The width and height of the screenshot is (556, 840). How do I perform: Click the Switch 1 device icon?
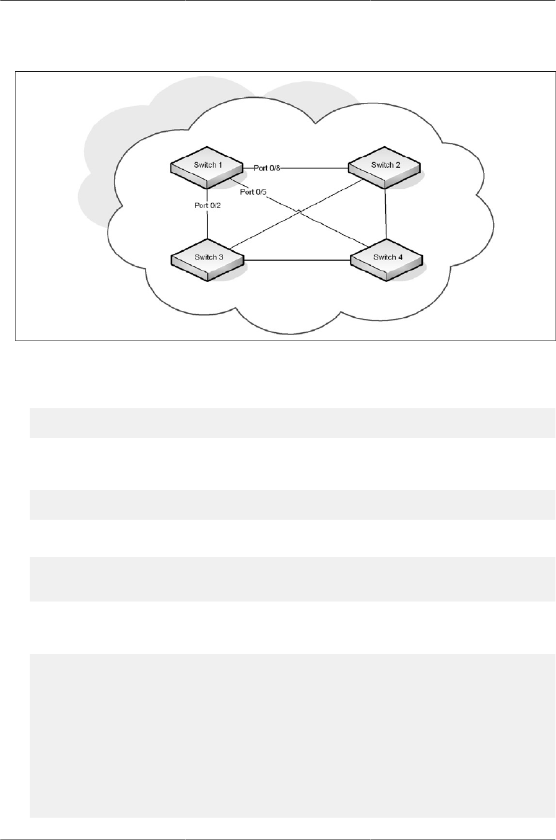pyautogui.click(x=206, y=170)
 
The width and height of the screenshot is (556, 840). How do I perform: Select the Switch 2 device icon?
pyautogui.click(x=384, y=170)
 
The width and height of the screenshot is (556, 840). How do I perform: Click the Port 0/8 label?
pyautogui.click(x=267, y=167)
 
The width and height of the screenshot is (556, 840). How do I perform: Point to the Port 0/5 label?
pyautogui.click(x=253, y=192)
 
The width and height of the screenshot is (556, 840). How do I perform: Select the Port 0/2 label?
pyautogui.click(x=207, y=205)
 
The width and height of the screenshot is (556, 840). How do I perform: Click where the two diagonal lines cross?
pyautogui.click(x=300, y=212)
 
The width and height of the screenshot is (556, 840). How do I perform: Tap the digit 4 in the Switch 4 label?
pyautogui.click(x=400, y=257)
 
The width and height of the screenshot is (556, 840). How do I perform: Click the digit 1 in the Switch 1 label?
pyautogui.click(x=220, y=165)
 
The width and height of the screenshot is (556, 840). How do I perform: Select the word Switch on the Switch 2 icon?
pyautogui.click(x=382, y=165)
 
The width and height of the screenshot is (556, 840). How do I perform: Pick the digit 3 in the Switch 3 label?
pyautogui.click(x=221, y=257)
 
